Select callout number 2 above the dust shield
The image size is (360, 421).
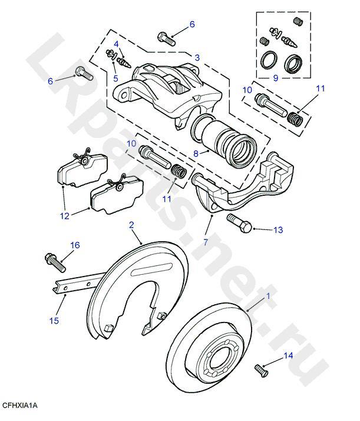(x=131, y=225)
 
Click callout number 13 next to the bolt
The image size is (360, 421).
(x=278, y=229)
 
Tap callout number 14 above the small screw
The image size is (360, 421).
(x=288, y=355)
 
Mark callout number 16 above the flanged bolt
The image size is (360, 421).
(x=75, y=245)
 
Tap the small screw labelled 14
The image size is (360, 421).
(x=260, y=371)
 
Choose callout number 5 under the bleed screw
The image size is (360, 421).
(x=115, y=77)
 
